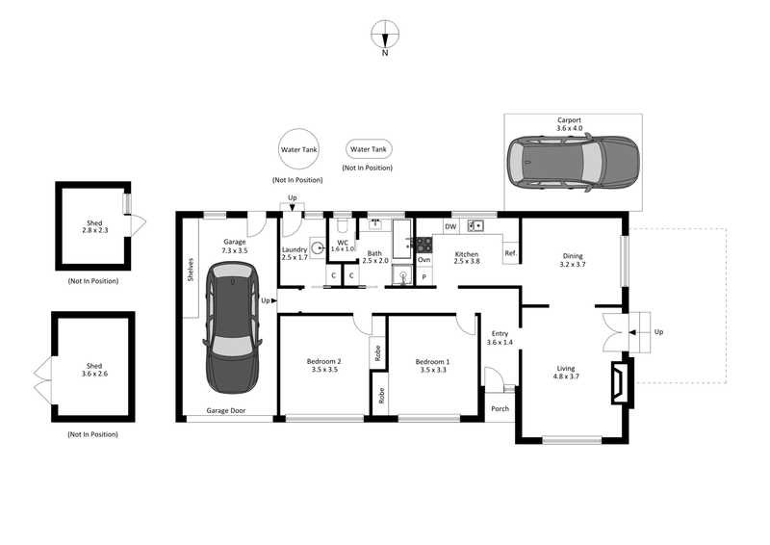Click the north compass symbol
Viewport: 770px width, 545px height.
pyautogui.click(x=385, y=35)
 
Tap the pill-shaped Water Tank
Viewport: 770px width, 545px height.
pyautogui.click(x=369, y=149)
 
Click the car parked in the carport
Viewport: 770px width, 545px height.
pyautogui.click(x=573, y=162)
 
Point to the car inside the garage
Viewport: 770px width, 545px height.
pyautogui.click(x=232, y=333)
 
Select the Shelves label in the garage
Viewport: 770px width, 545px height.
pyautogui.click(x=191, y=269)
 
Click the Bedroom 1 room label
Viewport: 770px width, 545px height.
pyautogui.click(x=431, y=366)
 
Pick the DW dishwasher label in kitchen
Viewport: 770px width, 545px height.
pyautogui.click(x=449, y=227)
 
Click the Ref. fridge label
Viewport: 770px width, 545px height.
pyautogui.click(x=510, y=254)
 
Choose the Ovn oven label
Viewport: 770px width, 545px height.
pyautogui.click(x=423, y=259)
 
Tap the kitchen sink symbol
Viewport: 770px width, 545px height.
pyautogui.click(x=475, y=226)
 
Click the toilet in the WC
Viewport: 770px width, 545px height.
pyautogui.click(x=342, y=227)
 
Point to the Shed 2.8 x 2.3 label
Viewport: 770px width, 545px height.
pyautogui.click(x=93, y=227)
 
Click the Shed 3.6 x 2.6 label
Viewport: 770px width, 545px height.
pyautogui.click(x=93, y=371)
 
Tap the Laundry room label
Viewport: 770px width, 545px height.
pyautogui.click(x=294, y=252)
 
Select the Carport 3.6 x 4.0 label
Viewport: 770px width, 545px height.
pyautogui.click(x=569, y=124)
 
